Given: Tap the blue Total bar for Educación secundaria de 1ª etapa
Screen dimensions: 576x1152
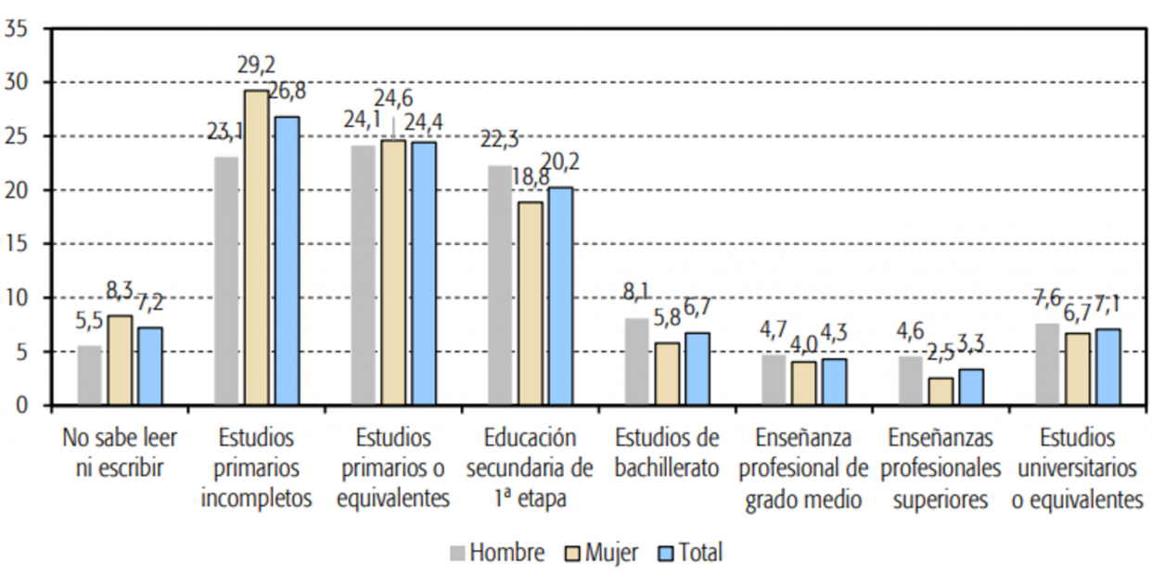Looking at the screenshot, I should pos(560,296).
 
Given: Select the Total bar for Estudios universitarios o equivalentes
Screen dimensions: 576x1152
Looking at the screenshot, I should pos(1107,367).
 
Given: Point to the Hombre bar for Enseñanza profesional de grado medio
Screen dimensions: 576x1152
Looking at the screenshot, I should pos(774,380).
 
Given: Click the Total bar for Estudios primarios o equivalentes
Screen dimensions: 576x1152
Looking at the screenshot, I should pos(423,274).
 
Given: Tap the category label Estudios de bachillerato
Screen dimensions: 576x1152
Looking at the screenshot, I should pos(667,452).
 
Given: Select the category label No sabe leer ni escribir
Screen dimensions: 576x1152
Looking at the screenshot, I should pos(119,452).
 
